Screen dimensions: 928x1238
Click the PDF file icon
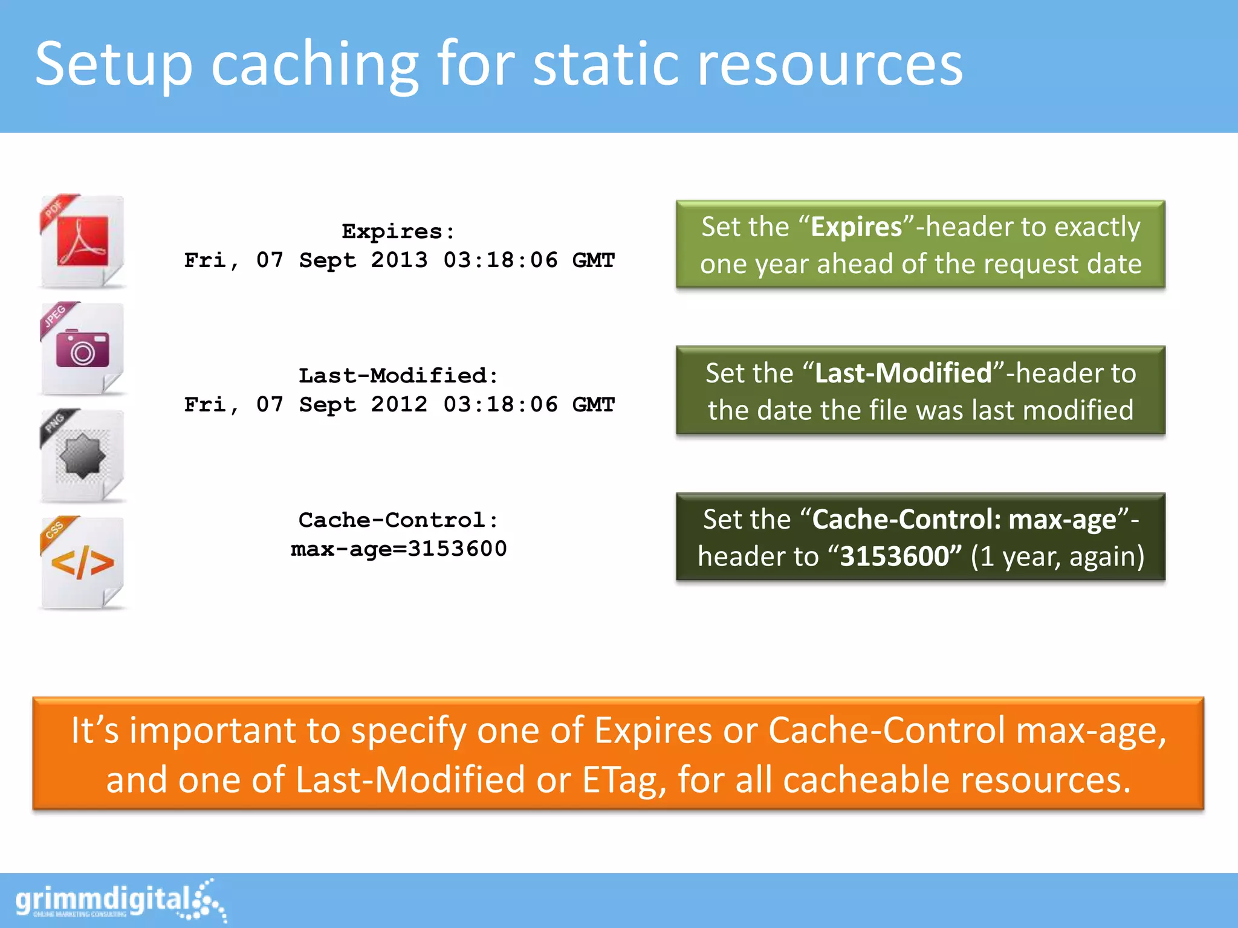83,242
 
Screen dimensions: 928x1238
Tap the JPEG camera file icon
83,349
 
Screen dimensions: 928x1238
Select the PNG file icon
83,456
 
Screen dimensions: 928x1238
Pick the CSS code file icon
83,563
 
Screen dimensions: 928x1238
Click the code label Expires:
398,231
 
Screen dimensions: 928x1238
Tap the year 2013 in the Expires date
399,260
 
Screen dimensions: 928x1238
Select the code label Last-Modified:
398,376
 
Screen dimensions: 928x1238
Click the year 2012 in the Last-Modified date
399,405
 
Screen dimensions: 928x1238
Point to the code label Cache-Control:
398,520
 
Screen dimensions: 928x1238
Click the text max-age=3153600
398,549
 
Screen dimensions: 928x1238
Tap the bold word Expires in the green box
856,227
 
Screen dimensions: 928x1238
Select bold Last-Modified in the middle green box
903,373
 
